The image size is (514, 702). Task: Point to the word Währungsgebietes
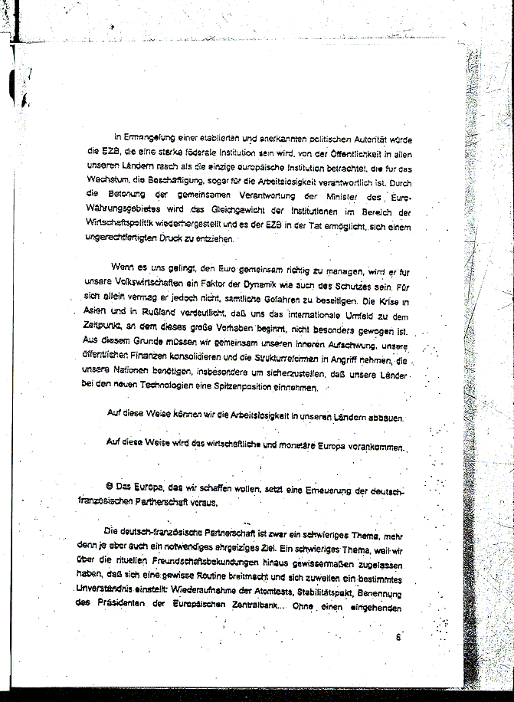click(x=123, y=212)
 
